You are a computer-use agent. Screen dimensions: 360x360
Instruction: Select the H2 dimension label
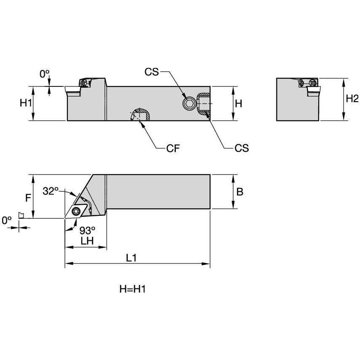pyautogui.click(x=352, y=99)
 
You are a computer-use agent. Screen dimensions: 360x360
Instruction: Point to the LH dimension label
pyautogui.click(x=86, y=241)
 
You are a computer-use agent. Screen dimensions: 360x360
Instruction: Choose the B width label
pyautogui.click(x=239, y=192)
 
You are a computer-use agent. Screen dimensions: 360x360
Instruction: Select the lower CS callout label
pyautogui.click(x=242, y=148)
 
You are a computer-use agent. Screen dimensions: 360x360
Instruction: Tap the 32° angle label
pyautogui.click(x=51, y=191)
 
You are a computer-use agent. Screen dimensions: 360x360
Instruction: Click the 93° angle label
pyautogui.click(x=88, y=230)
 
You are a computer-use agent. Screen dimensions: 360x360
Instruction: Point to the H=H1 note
pyautogui.click(x=135, y=289)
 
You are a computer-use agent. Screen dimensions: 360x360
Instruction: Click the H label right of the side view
pyautogui.click(x=239, y=103)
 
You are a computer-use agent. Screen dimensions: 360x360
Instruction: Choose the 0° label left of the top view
pyautogui.click(x=6, y=220)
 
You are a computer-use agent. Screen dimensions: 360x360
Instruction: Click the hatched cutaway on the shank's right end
pyautogui.click(x=203, y=104)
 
